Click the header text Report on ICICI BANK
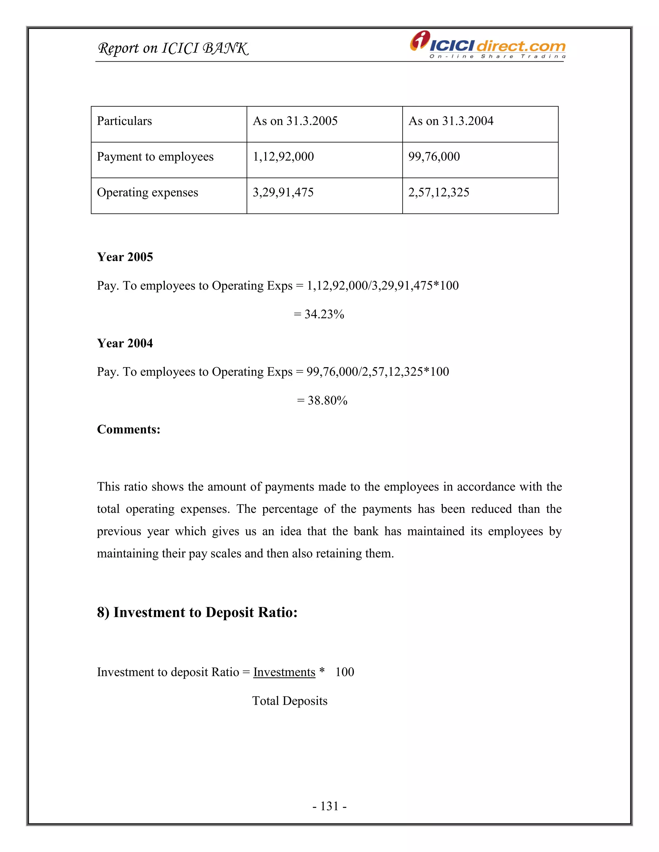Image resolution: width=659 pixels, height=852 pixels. pos(172,48)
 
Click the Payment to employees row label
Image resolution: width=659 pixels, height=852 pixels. pos(155,157)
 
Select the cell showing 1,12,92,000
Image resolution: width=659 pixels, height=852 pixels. pos(283,157)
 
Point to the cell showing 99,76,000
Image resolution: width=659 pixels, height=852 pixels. pos(434,157)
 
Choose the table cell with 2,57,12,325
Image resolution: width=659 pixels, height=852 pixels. pos(439,192)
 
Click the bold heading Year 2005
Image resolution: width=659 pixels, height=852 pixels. pos(125,257)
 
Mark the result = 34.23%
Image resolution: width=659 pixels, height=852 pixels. pos(319,314)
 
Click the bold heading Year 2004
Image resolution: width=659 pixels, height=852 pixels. pos(125,343)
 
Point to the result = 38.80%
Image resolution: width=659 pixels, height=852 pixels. pos(322,401)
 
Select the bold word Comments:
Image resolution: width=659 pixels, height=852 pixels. pos(128,430)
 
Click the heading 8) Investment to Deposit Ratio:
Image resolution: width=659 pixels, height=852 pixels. pos(197,612)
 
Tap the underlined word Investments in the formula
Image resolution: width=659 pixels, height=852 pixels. pos(284,672)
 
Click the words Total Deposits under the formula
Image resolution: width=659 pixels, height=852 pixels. pos(290,701)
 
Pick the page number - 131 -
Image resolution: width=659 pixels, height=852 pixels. pos(329,806)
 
